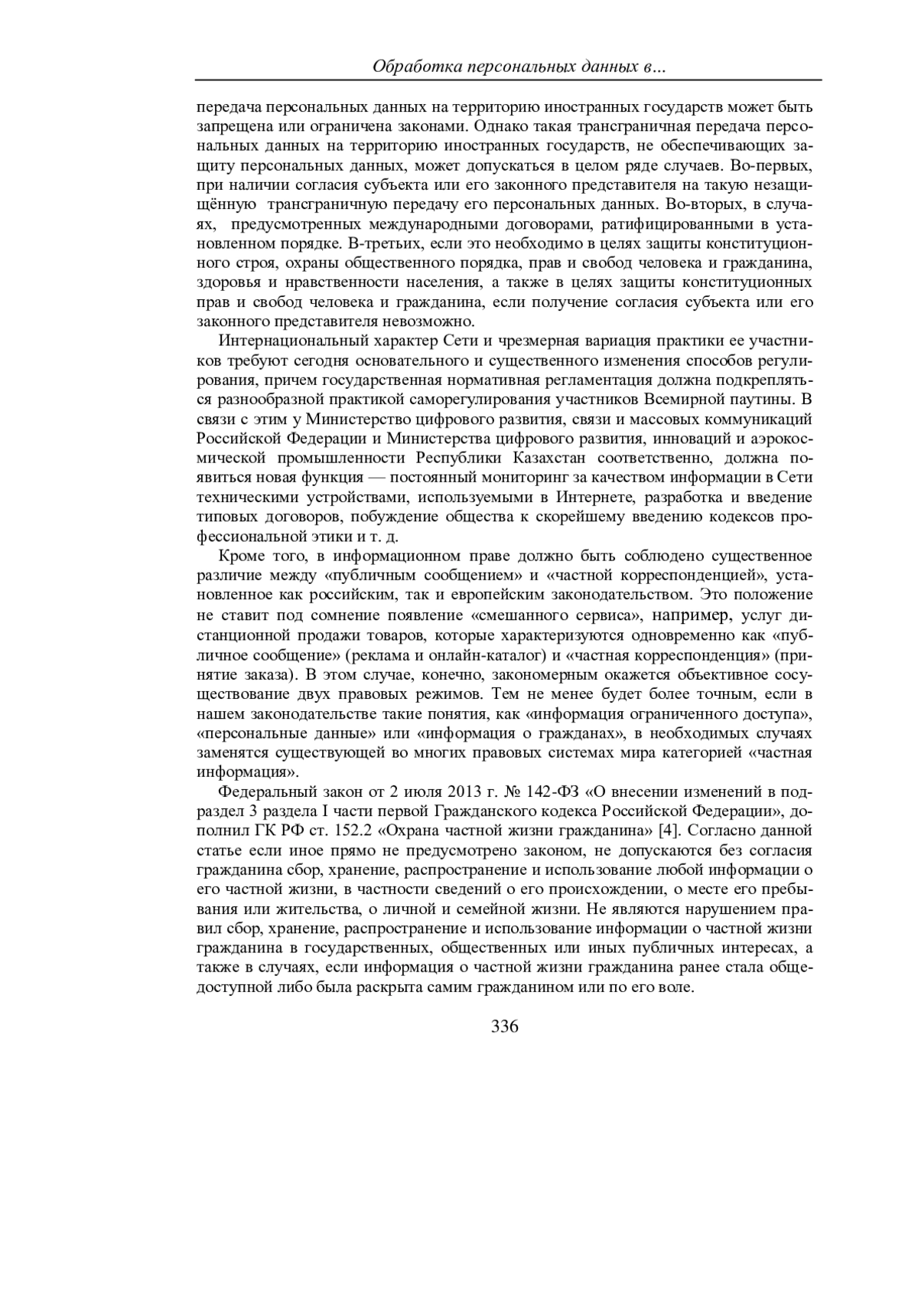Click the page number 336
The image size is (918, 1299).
tap(505, 1026)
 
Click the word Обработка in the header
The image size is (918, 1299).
tap(411, 67)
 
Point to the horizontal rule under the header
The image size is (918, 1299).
tap(508, 80)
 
